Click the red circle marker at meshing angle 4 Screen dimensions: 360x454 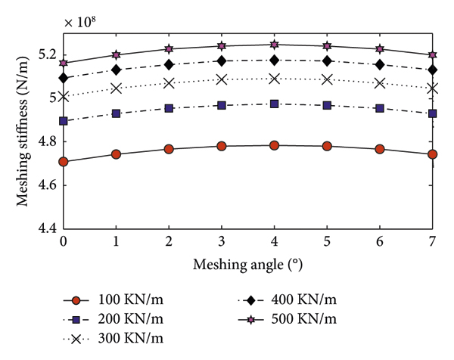[274, 145]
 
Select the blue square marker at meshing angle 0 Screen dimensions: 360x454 [63, 121]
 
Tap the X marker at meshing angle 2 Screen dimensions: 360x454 [169, 83]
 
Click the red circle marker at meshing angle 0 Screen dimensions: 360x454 [63, 161]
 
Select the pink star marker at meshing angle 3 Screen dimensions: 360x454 [222, 46]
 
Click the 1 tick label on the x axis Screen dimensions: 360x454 [116, 242]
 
